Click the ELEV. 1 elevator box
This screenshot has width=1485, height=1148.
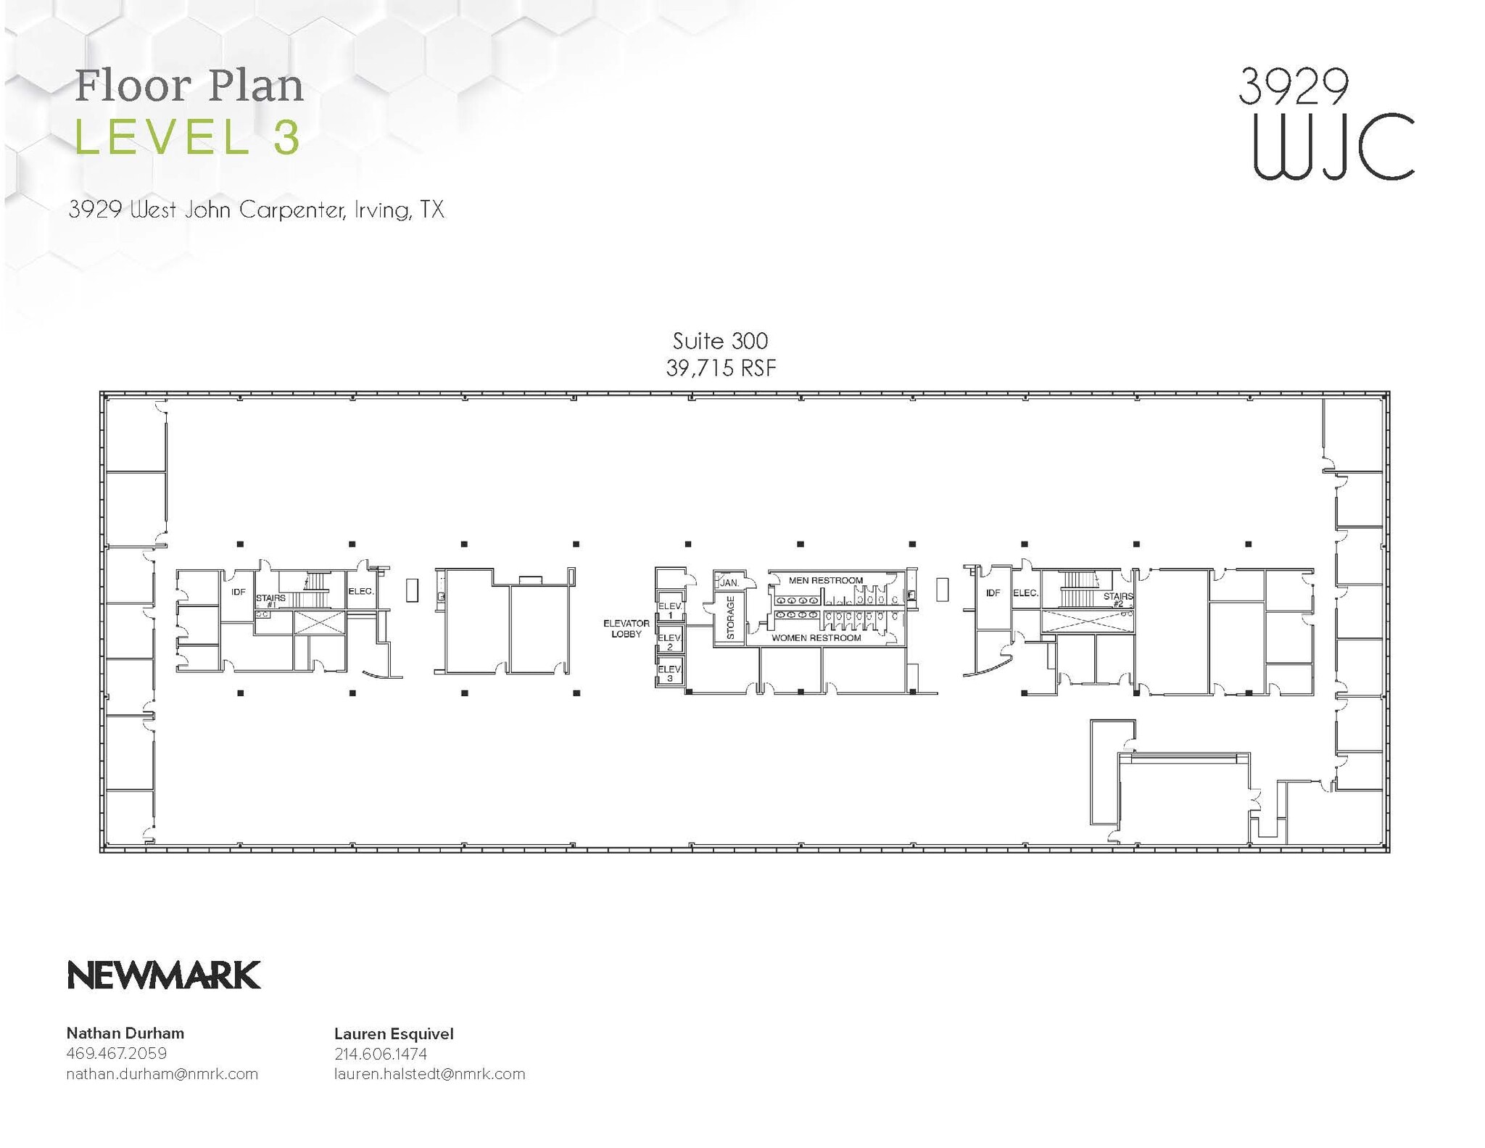coord(669,610)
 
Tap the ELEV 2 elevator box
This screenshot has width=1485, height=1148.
coord(669,642)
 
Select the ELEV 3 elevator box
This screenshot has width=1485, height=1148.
coord(669,673)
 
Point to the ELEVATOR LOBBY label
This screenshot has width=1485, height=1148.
coord(626,628)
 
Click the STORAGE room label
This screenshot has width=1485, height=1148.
coord(730,617)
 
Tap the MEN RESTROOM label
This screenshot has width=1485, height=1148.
coord(825,580)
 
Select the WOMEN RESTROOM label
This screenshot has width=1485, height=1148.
coord(816,638)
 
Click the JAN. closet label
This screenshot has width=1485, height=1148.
coord(729,582)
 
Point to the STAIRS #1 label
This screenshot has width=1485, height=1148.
coord(270,600)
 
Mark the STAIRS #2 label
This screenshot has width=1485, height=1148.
coord(1117,599)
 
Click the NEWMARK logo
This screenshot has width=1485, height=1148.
coord(164,975)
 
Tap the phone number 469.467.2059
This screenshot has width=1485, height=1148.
coord(116,1053)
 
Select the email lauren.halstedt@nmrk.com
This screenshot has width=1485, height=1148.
coord(429,1074)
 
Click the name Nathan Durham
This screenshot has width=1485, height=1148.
coord(125,1033)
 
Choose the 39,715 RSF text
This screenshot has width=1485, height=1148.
coord(721,368)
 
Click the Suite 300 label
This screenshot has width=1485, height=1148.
coord(720,341)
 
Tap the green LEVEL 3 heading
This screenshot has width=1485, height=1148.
coord(187,138)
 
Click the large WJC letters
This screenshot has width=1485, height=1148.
coord(1333,147)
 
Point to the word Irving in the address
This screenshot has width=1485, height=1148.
coord(380,210)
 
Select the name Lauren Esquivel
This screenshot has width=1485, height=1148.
coord(394,1033)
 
